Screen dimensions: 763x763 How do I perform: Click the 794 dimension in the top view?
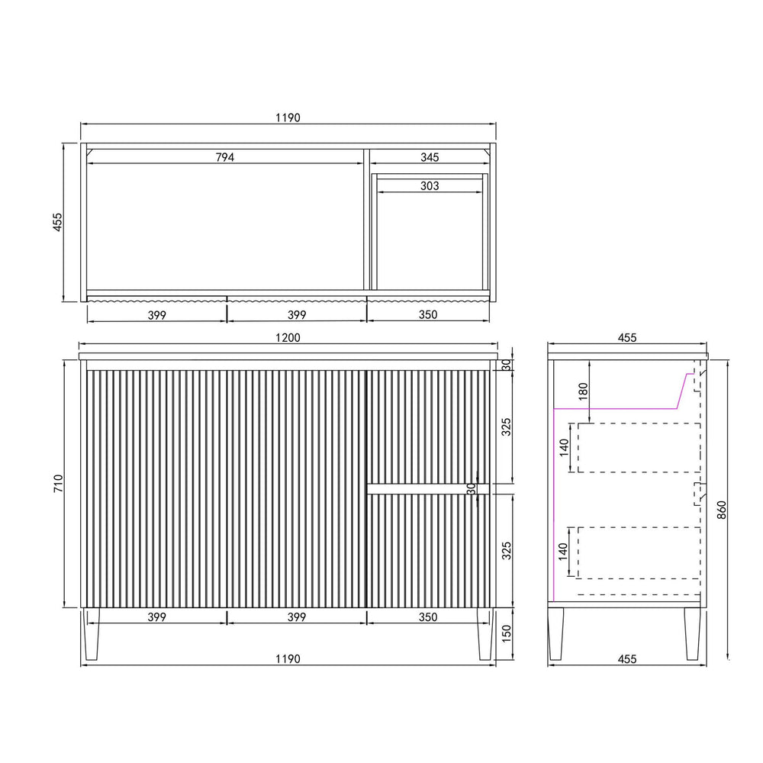[x=225, y=157]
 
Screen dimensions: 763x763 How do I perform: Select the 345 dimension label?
[x=430, y=157]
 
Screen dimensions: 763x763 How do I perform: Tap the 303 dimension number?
[x=430, y=186]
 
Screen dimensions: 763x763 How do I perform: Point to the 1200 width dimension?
[x=288, y=338]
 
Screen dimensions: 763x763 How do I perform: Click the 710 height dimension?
[x=59, y=484]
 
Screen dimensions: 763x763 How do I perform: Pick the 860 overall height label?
[x=722, y=510]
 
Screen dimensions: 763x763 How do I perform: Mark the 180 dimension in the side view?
[x=583, y=391]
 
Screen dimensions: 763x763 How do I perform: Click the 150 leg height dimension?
[x=506, y=633]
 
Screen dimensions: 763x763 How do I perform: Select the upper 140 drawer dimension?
[x=564, y=447]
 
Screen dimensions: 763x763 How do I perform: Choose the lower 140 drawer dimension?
[x=563, y=552]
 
